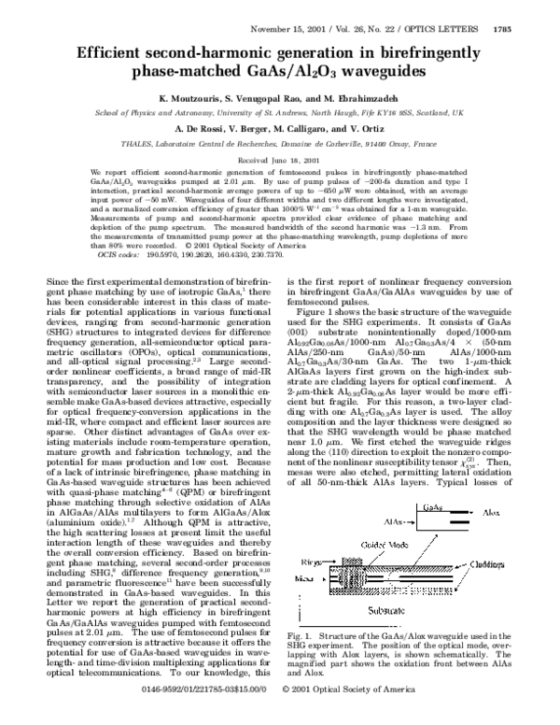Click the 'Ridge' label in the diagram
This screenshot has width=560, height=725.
tap(307, 540)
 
